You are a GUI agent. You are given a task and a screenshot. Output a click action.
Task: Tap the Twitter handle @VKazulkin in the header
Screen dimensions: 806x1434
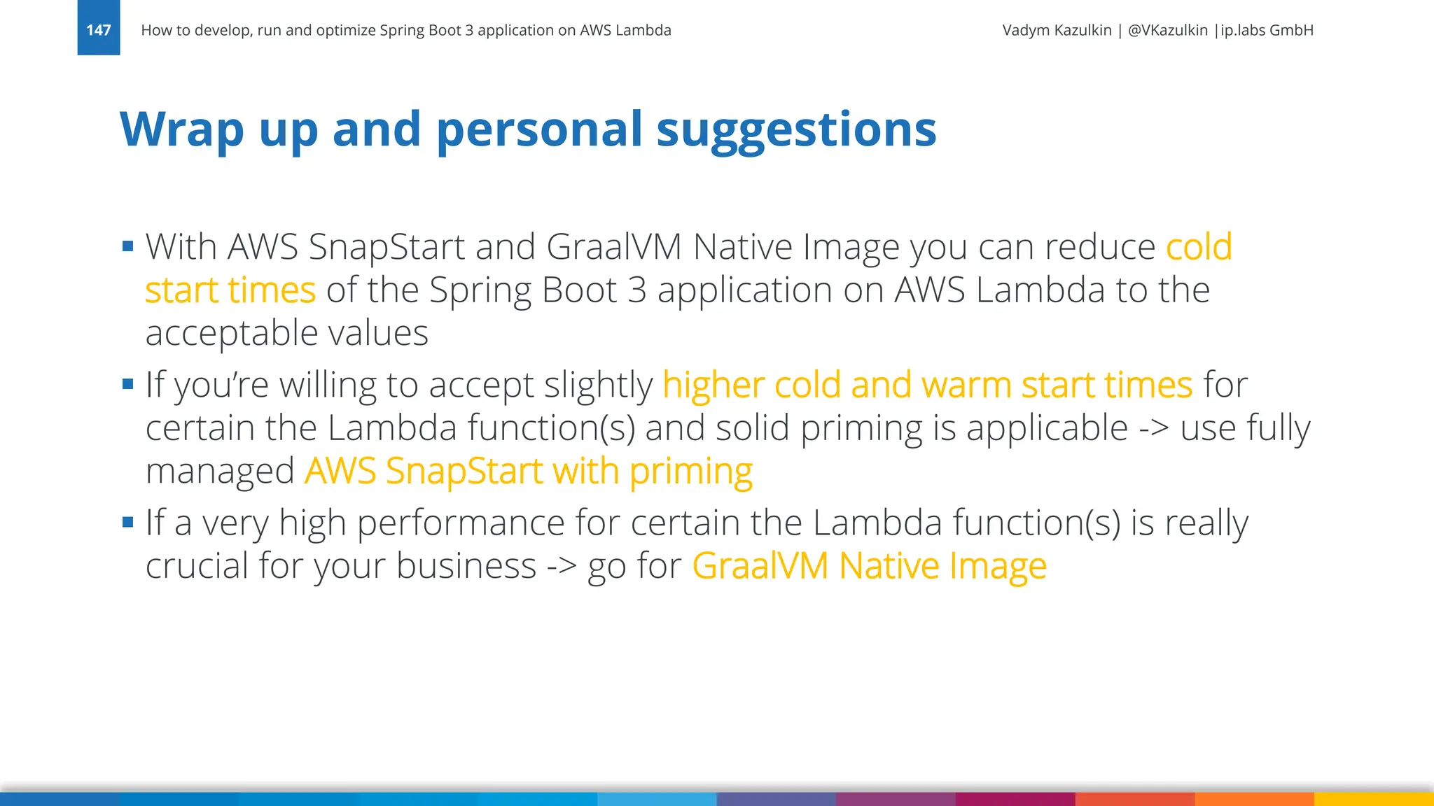pos(1167,30)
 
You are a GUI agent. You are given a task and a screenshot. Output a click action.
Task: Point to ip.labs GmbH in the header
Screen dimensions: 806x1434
pos(1267,30)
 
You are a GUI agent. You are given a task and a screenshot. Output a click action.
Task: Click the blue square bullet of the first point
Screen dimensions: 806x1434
pos(127,246)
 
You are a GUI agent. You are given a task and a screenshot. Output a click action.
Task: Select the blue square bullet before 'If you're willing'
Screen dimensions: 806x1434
pos(127,383)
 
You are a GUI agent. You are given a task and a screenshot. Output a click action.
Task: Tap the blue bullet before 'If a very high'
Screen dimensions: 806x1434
pos(127,522)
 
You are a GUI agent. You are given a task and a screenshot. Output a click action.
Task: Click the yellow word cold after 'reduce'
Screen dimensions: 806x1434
pos(1199,247)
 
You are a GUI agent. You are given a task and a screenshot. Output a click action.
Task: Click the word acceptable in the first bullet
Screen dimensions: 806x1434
pos(231,333)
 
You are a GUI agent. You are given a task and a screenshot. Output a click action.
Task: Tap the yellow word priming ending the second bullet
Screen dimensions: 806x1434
pos(690,472)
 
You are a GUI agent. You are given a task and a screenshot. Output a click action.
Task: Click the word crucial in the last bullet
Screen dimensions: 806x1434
pos(196,565)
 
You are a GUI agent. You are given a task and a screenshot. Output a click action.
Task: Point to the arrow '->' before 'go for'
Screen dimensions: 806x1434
pos(562,565)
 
